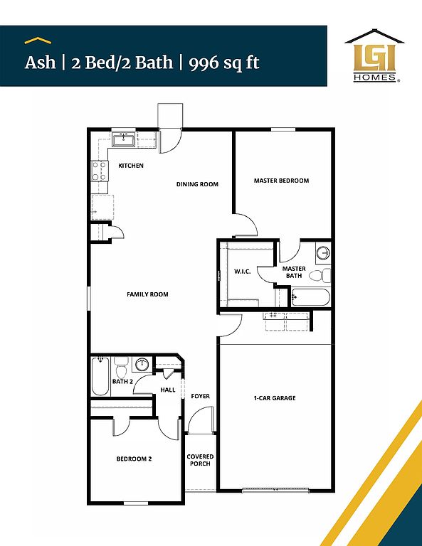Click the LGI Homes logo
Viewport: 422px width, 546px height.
pos(374,55)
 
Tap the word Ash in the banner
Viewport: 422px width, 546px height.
pos(40,63)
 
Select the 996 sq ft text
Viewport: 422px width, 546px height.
pos(224,63)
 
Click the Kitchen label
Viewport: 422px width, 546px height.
pos(131,166)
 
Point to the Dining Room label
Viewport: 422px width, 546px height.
pos(197,184)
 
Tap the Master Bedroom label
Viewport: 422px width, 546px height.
pos(281,181)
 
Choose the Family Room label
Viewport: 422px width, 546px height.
pos(147,294)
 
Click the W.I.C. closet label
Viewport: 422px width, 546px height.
pos(242,272)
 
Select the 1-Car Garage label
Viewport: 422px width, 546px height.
pos(275,397)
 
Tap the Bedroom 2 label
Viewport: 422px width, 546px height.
pos(134,459)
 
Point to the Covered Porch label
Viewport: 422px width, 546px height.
pos(200,460)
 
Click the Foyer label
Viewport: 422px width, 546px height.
pos(201,396)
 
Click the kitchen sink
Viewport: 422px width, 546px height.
pos(124,139)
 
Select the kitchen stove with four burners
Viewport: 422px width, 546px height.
pos(100,171)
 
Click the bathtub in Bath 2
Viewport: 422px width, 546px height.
pos(100,376)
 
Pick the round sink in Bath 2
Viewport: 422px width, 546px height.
pos(142,364)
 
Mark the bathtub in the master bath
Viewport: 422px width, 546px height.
pos(310,297)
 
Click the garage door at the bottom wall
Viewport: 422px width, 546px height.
pos(275,491)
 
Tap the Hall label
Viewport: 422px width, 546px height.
pos(168,390)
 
